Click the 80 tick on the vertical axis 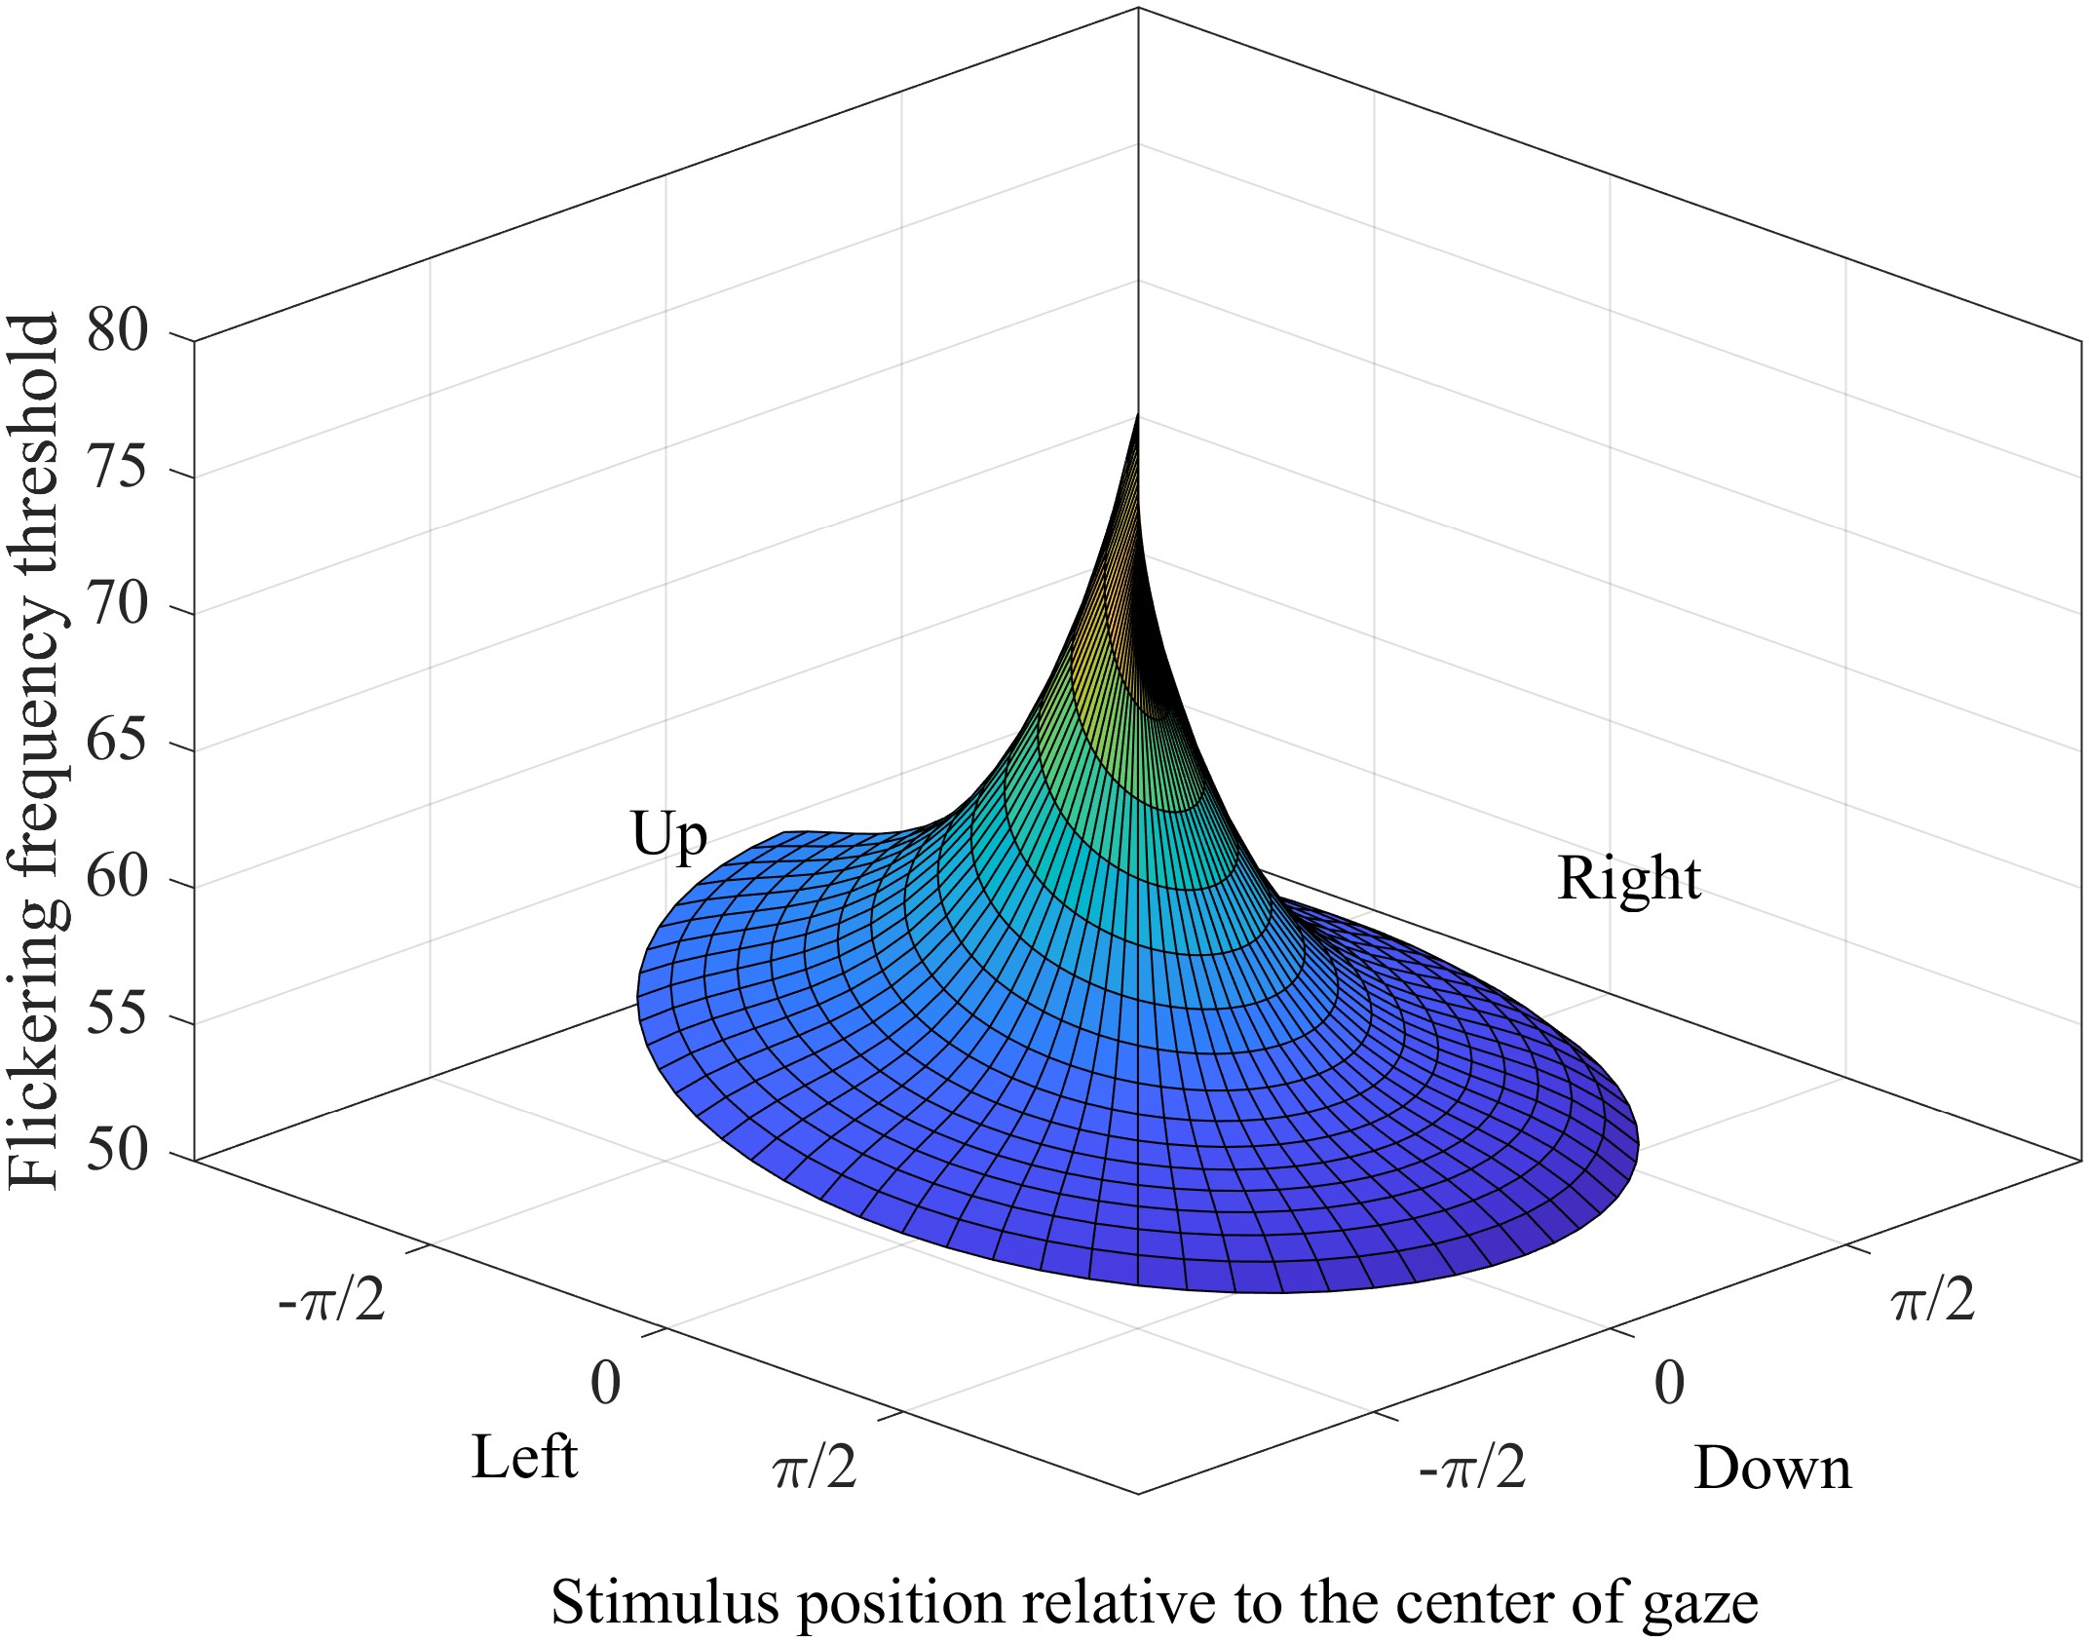pos(118,331)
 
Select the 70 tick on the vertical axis pos(118,604)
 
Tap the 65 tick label pos(118,742)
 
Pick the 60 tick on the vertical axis pos(118,878)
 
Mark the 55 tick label pos(118,1014)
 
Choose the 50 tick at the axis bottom pos(118,1151)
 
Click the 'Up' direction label pos(668,836)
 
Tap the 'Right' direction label pos(1629,879)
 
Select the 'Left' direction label pos(524,1458)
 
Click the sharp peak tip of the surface pos(1138,417)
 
